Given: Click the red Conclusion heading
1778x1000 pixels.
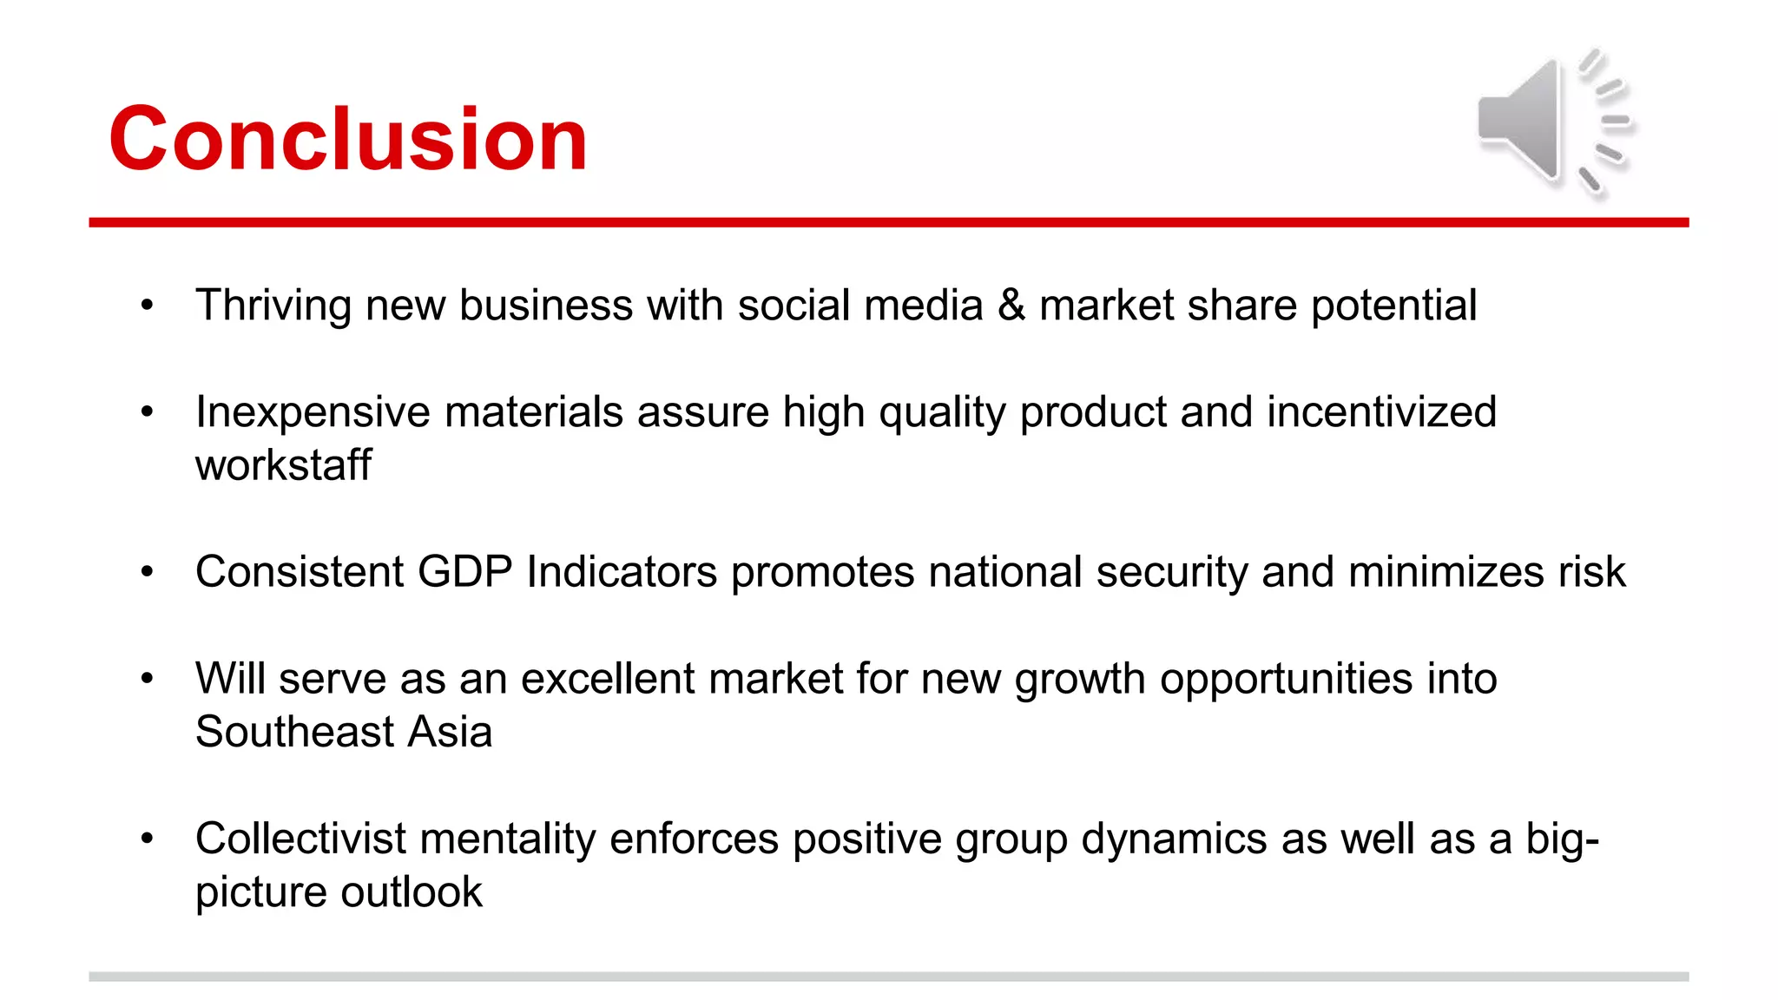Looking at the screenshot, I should tap(347, 139).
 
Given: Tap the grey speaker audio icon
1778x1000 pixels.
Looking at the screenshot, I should tap(1554, 122).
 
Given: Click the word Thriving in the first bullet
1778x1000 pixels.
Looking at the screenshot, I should tap(273, 306).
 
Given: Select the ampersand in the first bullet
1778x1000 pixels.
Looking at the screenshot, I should tap(1011, 306).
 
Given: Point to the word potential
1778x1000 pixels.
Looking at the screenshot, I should tap(1393, 306).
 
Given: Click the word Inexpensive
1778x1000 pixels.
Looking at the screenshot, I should tap(313, 412).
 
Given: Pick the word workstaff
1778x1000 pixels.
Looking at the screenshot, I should tap(283, 465).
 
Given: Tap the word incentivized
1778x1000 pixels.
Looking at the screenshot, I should tap(1381, 412).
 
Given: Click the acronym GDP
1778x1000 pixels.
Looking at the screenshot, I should tap(464, 572).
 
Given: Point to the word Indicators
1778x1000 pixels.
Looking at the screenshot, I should tap(622, 572).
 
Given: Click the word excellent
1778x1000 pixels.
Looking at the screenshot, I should tap(607, 679).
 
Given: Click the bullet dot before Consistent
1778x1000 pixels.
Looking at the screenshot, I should tap(147, 572).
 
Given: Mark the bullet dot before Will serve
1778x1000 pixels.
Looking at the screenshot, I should tap(147, 679).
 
